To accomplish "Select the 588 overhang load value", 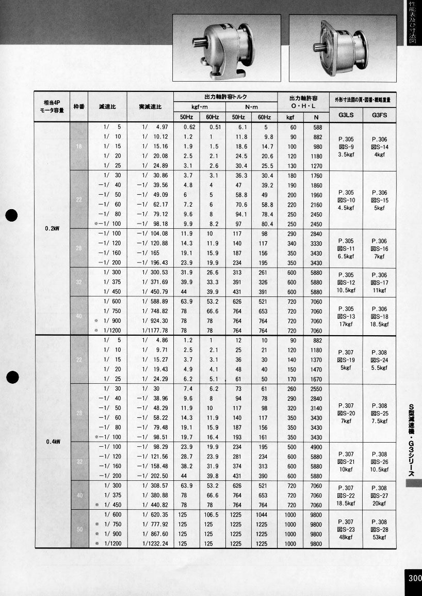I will pyautogui.click(x=317, y=128).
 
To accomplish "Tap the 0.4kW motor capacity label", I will pyautogui.click(x=53, y=442).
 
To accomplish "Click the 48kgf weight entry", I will pyautogui.click(x=346, y=537).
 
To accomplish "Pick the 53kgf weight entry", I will pyautogui.click(x=379, y=537).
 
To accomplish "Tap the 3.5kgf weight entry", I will pyautogui.click(x=346, y=154).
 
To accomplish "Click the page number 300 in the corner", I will pyautogui.click(x=414, y=578).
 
